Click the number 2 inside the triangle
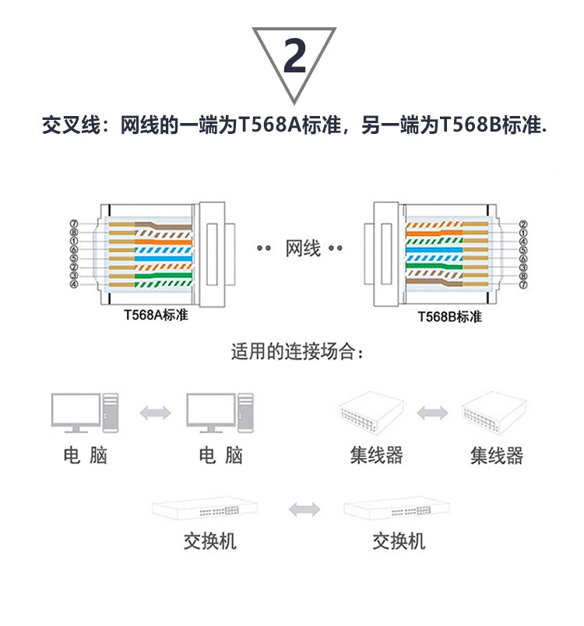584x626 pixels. pyautogui.click(x=294, y=57)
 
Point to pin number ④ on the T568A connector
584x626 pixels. pyautogui.click(x=73, y=284)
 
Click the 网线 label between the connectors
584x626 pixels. pyautogui.click(x=303, y=249)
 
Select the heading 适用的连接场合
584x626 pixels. pyautogui.click(x=297, y=351)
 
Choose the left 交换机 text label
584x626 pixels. pyautogui.click(x=210, y=541)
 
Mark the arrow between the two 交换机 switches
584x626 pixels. pyautogui.click(x=304, y=510)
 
